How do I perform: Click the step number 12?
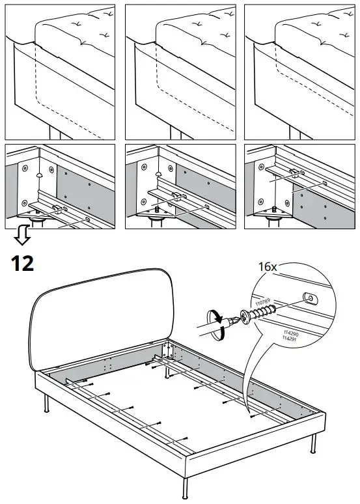click(x=22, y=264)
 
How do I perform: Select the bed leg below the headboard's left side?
click(x=46, y=404)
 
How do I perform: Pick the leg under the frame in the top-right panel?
click(x=295, y=133)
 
